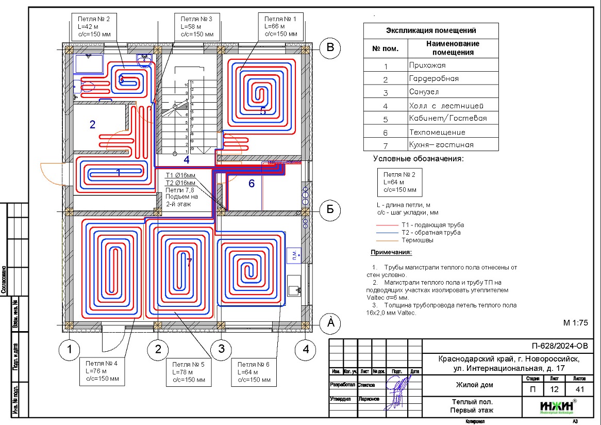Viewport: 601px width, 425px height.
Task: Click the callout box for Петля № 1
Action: [281, 26]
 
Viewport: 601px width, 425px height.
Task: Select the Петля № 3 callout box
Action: [197, 26]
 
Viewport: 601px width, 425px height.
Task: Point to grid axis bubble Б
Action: [331, 209]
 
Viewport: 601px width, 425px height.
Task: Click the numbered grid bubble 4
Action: [306, 350]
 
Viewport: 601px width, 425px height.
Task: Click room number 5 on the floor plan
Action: [262, 110]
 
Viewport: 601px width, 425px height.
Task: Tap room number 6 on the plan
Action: [252, 183]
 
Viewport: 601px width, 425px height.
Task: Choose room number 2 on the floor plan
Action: [93, 124]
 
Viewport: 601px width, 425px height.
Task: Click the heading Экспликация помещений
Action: [431, 31]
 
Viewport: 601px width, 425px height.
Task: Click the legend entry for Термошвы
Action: [418, 240]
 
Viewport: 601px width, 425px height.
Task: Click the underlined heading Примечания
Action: [391, 253]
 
